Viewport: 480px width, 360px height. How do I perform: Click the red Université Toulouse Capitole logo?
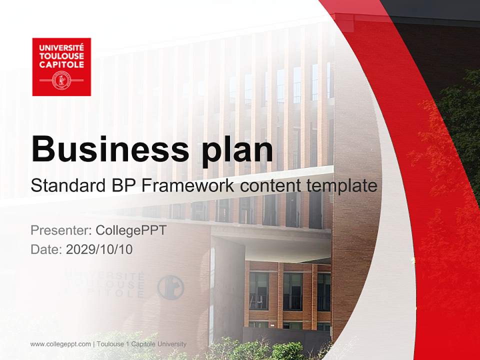[61, 66]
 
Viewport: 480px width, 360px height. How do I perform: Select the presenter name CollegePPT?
[130, 230]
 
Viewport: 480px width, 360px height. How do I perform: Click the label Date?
[46, 249]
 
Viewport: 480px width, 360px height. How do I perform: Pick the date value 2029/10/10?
[99, 249]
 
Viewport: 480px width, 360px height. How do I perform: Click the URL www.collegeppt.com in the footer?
[60, 344]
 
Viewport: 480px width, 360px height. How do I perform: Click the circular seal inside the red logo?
[61, 80]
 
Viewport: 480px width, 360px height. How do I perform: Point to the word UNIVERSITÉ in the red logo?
[61, 47]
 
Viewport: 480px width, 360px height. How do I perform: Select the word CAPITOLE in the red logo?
[61, 64]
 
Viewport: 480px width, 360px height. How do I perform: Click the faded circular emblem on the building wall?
[170, 287]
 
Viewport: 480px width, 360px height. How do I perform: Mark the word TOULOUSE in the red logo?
[61, 56]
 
